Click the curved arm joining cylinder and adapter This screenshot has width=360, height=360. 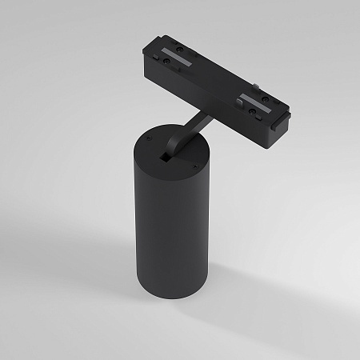click(x=181, y=132)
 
